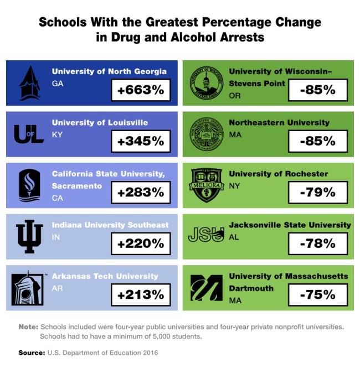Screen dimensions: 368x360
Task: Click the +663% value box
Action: point(141,90)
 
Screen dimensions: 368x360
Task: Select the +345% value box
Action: point(141,141)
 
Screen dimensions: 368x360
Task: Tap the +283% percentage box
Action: point(141,193)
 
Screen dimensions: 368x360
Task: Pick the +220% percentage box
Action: point(141,243)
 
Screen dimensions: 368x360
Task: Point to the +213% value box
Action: point(141,294)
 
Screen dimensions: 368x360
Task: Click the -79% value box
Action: point(317,193)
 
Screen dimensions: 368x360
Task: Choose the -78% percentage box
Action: point(317,243)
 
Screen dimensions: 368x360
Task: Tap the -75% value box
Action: point(317,294)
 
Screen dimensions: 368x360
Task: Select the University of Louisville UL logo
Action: point(29,134)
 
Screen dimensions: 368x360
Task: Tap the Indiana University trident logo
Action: point(29,236)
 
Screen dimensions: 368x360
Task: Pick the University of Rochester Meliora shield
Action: point(205,185)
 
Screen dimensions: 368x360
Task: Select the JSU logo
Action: point(205,235)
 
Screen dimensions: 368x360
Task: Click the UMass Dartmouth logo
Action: point(205,287)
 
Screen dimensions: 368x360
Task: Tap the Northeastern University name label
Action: point(279,122)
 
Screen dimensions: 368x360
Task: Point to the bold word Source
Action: point(30,352)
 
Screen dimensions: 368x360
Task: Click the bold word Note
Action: point(28,327)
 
